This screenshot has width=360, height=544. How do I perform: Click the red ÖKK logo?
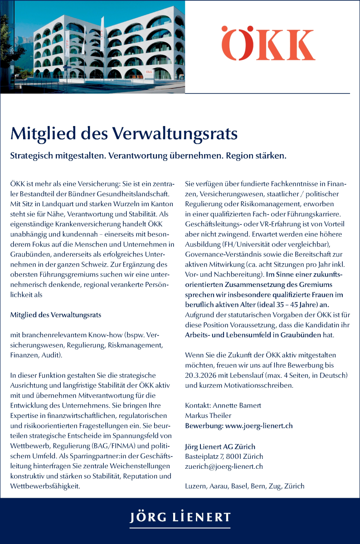click(x=268, y=44)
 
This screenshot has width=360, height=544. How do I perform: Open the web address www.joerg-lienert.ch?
click(x=259, y=426)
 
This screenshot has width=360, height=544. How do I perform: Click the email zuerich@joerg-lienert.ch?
click(x=224, y=466)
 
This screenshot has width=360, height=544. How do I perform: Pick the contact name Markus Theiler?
click(x=208, y=415)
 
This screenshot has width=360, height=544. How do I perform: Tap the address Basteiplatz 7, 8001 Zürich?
click(x=224, y=456)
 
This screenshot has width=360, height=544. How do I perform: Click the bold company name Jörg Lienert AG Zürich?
click(x=220, y=446)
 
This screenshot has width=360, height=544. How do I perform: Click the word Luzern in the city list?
click(x=196, y=486)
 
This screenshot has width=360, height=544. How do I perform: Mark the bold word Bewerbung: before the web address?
click(x=204, y=426)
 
